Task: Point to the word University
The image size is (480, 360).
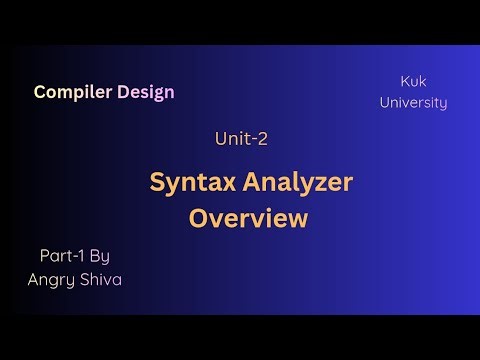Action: (413, 102)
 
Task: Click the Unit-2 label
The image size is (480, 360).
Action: (240, 140)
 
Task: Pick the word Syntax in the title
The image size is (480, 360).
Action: (190, 182)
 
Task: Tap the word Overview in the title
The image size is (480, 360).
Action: (249, 218)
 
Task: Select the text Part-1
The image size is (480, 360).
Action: (57, 256)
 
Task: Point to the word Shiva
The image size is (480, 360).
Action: (100, 279)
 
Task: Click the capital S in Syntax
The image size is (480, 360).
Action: (158, 182)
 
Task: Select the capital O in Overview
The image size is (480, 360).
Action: (200, 218)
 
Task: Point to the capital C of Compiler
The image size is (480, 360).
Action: (40, 92)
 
